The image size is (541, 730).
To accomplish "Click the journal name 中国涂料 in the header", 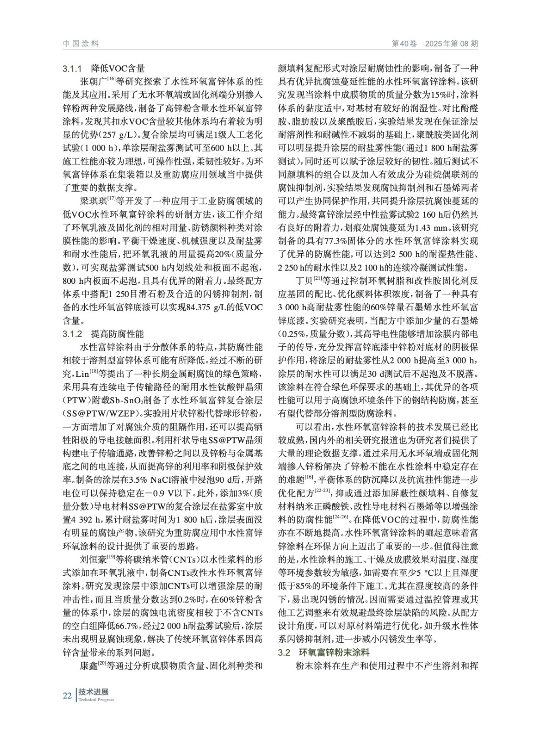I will click(x=81, y=44).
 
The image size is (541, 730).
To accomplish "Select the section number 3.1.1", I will click(x=72, y=69).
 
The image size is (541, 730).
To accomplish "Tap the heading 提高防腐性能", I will click(x=118, y=334).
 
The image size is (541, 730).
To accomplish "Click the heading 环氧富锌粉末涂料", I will click(x=334, y=652).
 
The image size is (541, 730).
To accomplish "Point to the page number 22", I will click(x=67, y=695).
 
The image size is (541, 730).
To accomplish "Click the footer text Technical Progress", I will click(x=96, y=700).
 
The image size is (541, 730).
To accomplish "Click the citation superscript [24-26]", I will click(x=340, y=517).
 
